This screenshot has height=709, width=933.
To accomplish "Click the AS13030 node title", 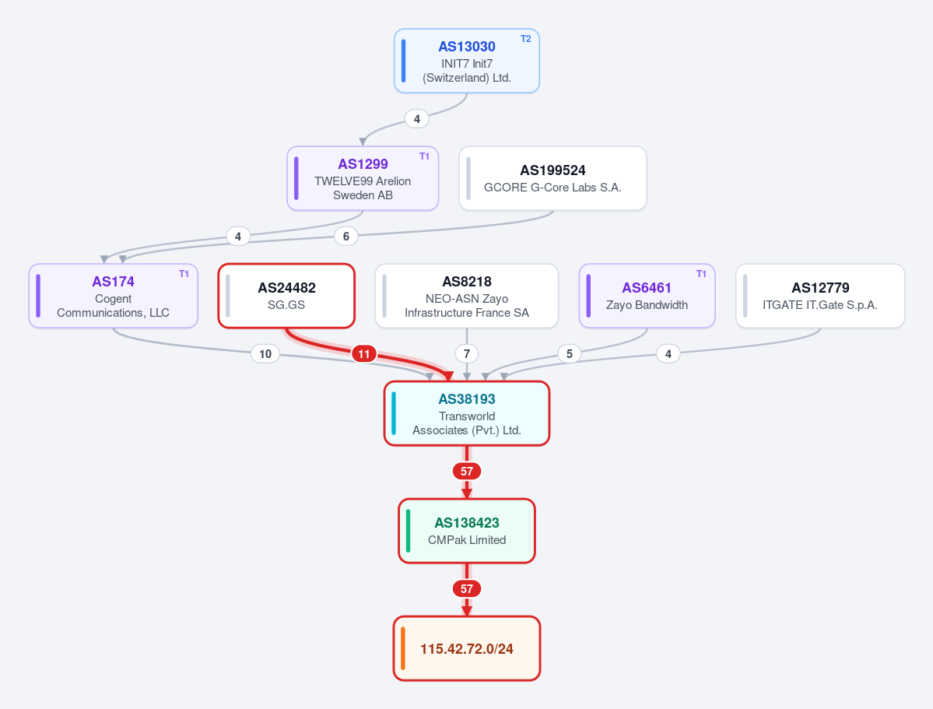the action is (467, 47).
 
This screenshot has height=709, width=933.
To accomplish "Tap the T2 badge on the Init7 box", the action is (525, 39).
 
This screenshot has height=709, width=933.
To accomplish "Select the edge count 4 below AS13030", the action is (416, 119).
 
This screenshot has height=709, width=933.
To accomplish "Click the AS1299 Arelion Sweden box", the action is (363, 178).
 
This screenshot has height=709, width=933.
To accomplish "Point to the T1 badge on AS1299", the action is (424, 156).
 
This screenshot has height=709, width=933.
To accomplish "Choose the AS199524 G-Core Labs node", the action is (552, 178).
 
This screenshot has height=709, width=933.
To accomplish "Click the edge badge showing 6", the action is (345, 237).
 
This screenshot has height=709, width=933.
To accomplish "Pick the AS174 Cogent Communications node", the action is (113, 296).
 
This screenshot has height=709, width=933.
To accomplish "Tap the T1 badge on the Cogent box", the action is (184, 274).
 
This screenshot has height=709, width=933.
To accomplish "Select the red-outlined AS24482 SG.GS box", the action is (286, 296).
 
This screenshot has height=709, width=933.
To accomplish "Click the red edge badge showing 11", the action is (363, 354).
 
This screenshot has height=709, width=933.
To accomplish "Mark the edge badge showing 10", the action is (265, 354).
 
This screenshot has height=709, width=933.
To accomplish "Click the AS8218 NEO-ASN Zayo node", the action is (467, 296).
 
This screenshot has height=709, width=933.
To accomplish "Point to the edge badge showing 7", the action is (467, 354).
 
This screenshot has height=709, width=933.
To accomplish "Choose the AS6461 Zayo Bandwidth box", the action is (647, 296).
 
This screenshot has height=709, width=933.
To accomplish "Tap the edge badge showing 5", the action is (570, 354).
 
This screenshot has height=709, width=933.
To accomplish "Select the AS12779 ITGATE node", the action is (820, 296).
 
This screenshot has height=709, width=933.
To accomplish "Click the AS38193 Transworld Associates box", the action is (467, 413).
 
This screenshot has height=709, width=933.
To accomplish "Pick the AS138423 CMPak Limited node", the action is (467, 531).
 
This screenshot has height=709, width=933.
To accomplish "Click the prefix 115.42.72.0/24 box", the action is (467, 648).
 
